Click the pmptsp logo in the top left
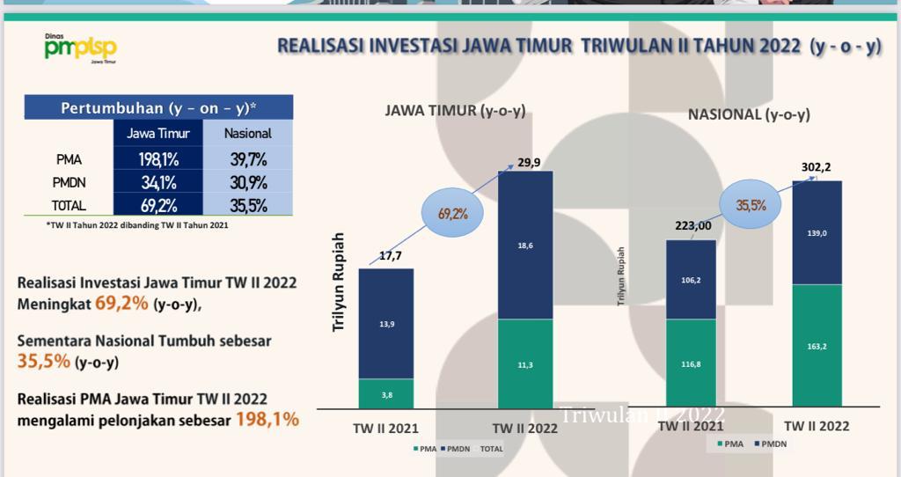[80, 48]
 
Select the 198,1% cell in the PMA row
[157, 159]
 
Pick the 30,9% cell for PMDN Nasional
[247, 182]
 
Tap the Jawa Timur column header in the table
[157, 134]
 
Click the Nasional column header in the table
[247, 134]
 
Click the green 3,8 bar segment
[386, 393]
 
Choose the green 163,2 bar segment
[817, 346]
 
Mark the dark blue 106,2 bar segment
[691, 280]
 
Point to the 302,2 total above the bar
[817, 167]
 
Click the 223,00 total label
[693, 225]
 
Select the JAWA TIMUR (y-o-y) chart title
[455, 110]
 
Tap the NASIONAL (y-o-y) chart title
[749, 114]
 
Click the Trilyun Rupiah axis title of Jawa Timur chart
[338, 282]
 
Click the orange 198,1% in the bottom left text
[267, 419]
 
